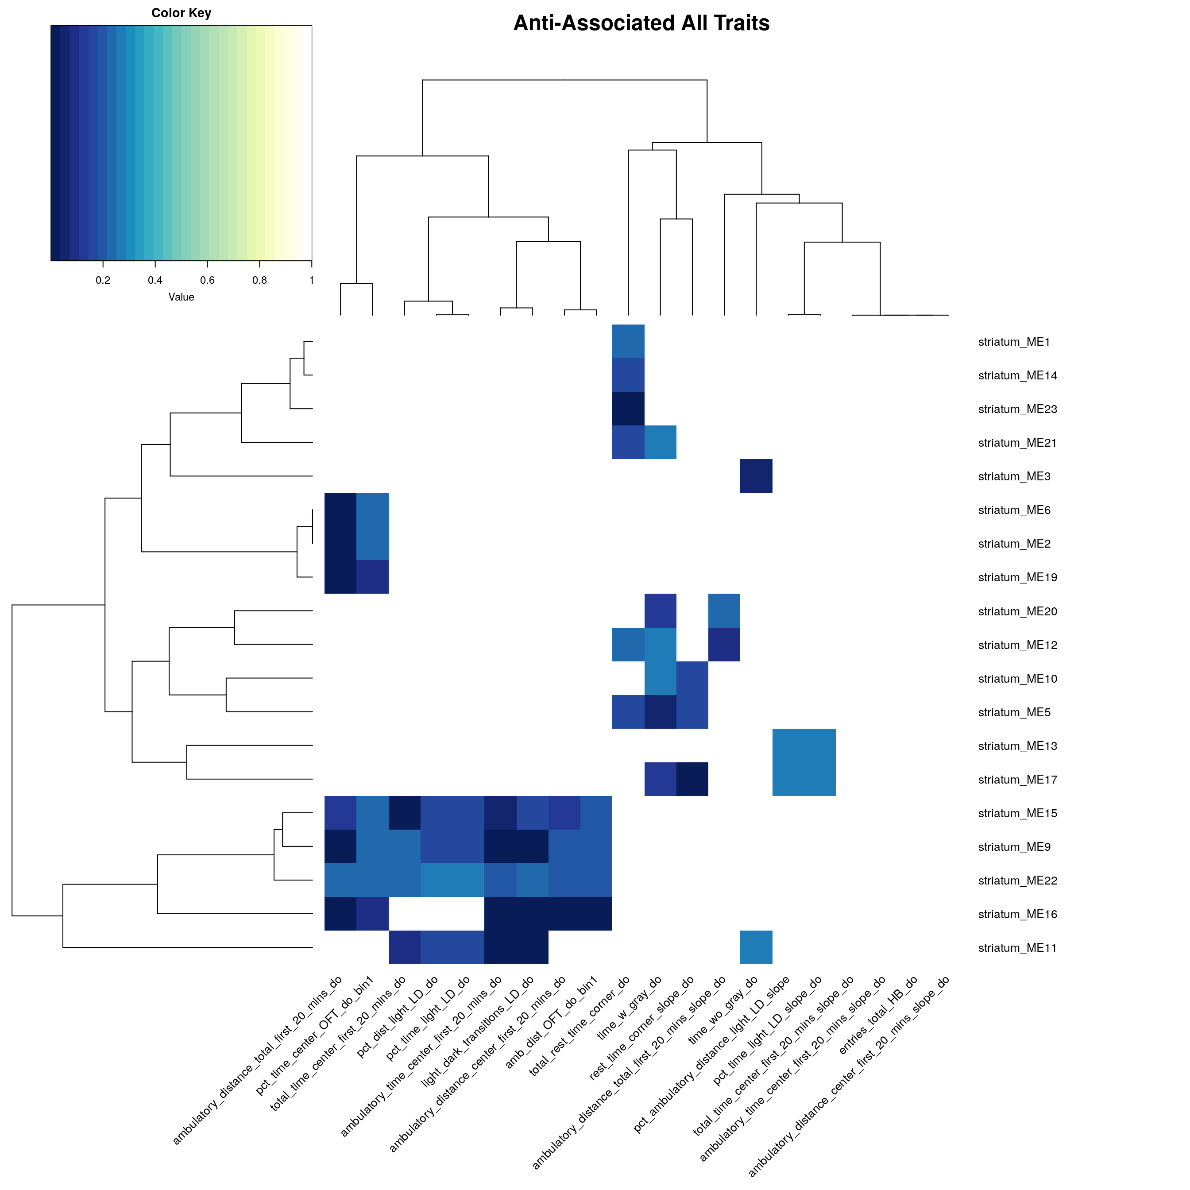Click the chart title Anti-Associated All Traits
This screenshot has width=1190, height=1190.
coord(641,23)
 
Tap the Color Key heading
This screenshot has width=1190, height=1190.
coord(181,13)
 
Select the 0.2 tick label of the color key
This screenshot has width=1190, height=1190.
coord(103,280)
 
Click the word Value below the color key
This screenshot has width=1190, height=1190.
coord(181,297)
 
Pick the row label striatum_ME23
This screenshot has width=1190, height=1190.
coord(1017,409)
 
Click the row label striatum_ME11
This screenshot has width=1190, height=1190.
coord(1017,948)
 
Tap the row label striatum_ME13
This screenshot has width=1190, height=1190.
coord(1017,746)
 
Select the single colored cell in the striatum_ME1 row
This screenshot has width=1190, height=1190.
coord(628,341)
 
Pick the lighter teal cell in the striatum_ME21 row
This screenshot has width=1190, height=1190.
coord(660,442)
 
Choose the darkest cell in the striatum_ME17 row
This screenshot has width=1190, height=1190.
coord(692,779)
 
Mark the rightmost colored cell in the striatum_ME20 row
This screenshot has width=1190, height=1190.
coord(724,610)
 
